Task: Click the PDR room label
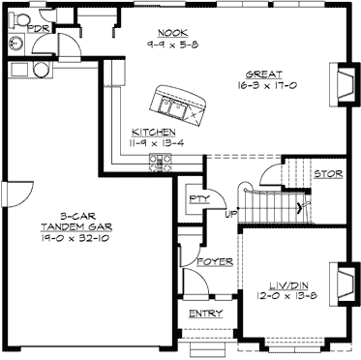pyautogui.click(x=39, y=29)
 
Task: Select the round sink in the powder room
pyautogui.click(x=13, y=45)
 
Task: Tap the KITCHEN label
pyautogui.click(x=153, y=131)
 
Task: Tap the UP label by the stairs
pyautogui.click(x=232, y=214)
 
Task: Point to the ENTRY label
pyautogui.click(x=205, y=314)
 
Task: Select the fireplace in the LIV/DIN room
pyautogui.click(x=344, y=283)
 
